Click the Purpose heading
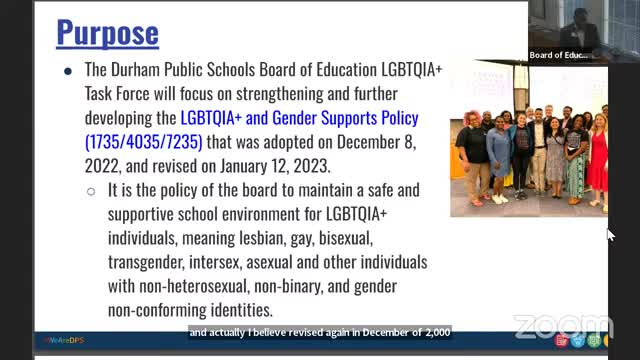click(x=107, y=32)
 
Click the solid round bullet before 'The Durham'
click(x=67, y=71)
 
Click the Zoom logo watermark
click(x=563, y=327)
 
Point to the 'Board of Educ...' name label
click(x=560, y=55)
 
